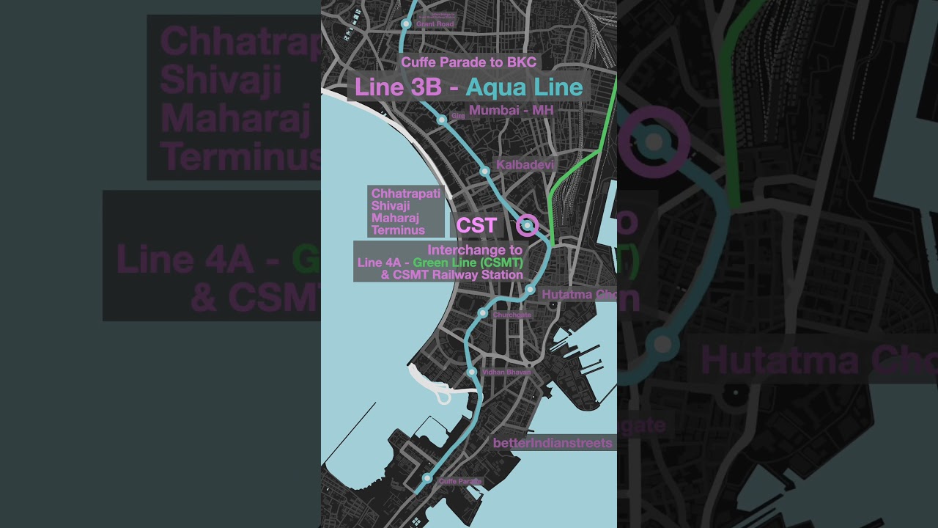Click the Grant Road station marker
pyautogui.click(x=406, y=24)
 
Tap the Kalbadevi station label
pyautogui.click(x=525, y=165)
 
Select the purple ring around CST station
pyautogui.click(x=527, y=225)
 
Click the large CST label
pyautogui.click(x=476, y=226)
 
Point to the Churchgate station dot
pyautogui.click(x=483, y=313)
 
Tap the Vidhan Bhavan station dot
pyautogui.click(x=473, y=373)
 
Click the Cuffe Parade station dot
pyautogui.click(x=428, y=478)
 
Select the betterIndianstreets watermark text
pyautogui.click(x=553, y=443)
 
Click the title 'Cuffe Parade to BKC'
pyautogui.click(x=468, y=62)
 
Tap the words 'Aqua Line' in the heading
pyautogui.click(x=524, y=88)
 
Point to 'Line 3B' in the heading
pyautogui.click(x=398, y=88)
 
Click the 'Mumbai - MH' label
pyautogui.click(x=511, y=110)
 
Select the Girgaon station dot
pyautogui.click(x=442, y=119)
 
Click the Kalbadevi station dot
pyautogui.click(x=484, y=171)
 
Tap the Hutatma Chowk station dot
pyautogui.click(x=530, y=290)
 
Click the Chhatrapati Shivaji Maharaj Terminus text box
pyautogui.click(x=406, y=211)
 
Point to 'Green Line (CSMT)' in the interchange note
pyautogui.click(x=468, y=263)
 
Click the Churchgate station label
pyautogui.click(x=512, y=315)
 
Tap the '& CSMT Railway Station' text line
pyautogui.click(x=451, y=274)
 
